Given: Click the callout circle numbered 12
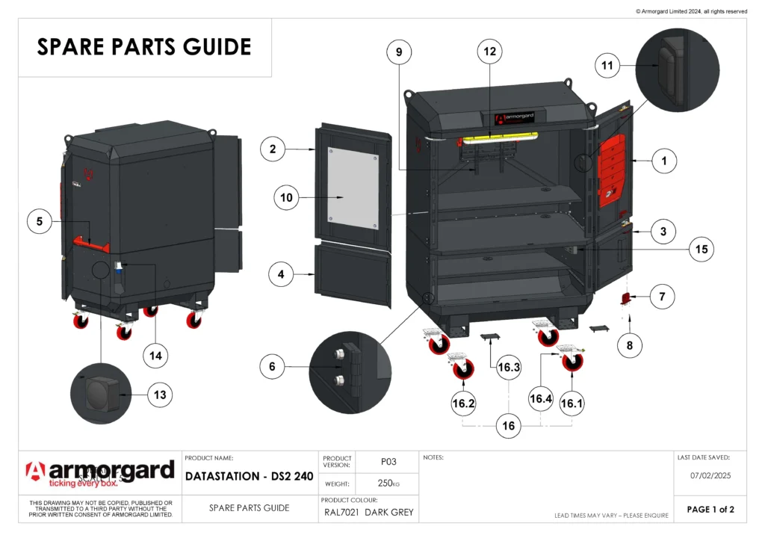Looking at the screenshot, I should tap(490, 52).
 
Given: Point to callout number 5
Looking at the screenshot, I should tap(40, 221).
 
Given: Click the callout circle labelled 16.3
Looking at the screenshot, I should tap(510, 367).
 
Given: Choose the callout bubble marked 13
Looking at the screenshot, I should tap(161, 394).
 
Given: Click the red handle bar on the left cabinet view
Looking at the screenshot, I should tap(90, 243).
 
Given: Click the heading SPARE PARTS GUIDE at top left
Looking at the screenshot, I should tap(144, 47).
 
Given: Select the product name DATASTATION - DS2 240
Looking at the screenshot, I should tap(250, 476).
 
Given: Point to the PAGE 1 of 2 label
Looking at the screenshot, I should tap(710, 510).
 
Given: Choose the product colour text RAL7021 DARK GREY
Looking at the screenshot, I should tap(368, 513).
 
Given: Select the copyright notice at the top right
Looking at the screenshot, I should tap(691, 11).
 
